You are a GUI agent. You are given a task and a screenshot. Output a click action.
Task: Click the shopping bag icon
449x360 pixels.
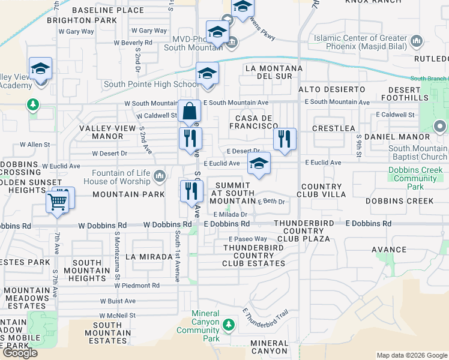click(x=189, y=112)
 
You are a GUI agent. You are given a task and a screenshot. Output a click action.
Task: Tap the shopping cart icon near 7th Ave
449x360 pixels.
click(x=58, y=202)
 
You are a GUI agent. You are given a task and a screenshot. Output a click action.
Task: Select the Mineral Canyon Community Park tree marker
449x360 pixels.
click(x=228, y=325)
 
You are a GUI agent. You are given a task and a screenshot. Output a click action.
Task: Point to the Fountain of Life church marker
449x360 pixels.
click(x=159, y=176)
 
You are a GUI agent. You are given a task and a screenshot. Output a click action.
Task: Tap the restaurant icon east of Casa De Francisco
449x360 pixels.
click(x=285, y=140)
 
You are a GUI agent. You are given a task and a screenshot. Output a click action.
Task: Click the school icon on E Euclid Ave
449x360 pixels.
click(x=259, y=164)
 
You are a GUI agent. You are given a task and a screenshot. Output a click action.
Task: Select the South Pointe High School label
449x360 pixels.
click(x=152, y=84)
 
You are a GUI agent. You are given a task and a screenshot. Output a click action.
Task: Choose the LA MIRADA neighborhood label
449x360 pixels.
click(x=148, y=257)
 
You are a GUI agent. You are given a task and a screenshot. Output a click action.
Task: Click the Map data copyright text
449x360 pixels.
click(x=411, y=355)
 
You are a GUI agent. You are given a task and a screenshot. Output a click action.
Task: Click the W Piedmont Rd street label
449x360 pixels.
click(x=137, y=286)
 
